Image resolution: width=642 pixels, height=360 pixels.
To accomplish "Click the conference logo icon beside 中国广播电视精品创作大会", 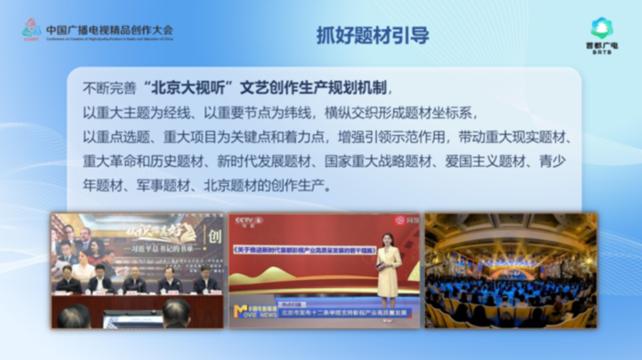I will pos(32,30).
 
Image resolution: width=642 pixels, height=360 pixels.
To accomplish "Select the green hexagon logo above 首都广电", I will pos(601,28).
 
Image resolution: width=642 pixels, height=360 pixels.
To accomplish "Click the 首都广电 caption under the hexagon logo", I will pos(601,45).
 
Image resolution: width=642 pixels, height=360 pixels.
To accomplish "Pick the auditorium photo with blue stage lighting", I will pos(510,270).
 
